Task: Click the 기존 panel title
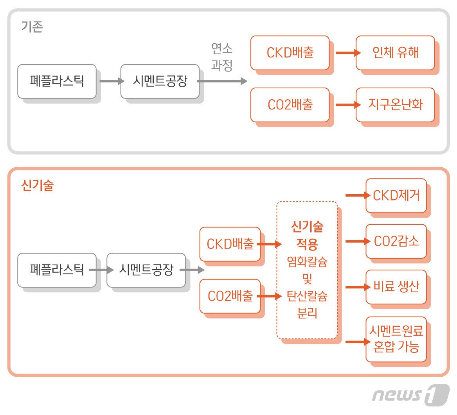coord(32,27)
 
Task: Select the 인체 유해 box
coord(395,53)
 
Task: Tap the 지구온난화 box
coord(395,105)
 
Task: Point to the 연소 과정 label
coord(222,57)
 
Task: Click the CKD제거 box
coord(396,195)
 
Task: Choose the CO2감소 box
coord(396,241)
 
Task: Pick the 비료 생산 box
coord(396,287)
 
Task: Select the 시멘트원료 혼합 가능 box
coord(396,339)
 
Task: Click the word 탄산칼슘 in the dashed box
coord(307,296)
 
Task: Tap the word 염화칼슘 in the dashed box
coord(307,262)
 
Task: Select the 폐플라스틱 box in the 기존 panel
coord(57,81)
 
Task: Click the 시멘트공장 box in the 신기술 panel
coord(146,270)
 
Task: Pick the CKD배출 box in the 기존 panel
coord(290,53)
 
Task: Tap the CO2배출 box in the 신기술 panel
coord(230,296)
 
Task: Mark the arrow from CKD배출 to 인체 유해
coord(347,53)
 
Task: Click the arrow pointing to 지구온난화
coord(347,105)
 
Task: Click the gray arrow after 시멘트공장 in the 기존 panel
coord(222,81)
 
